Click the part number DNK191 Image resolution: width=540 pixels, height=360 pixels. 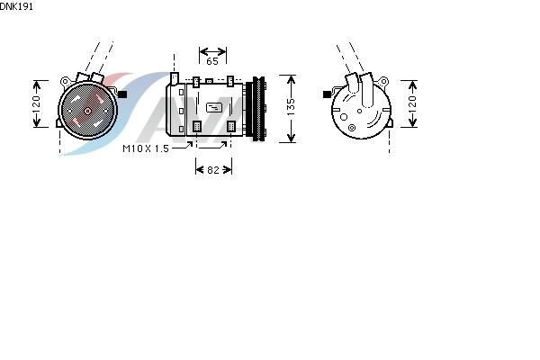tap(16, 6)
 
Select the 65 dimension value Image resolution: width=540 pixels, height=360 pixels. tap(212, 61)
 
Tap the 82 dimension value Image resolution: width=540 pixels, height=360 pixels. tap(213, 170)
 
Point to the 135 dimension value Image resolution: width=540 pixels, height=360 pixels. tap(291, 107)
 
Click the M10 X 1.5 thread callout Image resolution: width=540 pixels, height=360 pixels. tap(146, 148)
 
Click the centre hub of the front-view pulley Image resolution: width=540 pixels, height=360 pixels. tap(87, 111)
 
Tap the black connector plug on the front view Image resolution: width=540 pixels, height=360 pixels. tap(122, 94)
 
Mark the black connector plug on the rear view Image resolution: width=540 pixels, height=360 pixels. tap(328, 94)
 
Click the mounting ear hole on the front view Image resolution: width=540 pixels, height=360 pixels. tap(65, 82)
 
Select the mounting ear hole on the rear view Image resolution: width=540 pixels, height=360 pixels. tap(383, 82)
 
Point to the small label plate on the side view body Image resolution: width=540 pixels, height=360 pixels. tap(214, 107)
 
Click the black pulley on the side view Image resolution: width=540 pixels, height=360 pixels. tap(258, 109)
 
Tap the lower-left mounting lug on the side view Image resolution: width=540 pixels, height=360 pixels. tap(196, 126)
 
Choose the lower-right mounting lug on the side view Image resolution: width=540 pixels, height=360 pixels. tap(230, 126)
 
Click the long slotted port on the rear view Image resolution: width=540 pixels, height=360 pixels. tap(367, 90)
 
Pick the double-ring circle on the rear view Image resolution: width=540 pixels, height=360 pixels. tap(352, 128)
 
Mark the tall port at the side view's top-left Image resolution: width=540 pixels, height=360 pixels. tap(175, 78)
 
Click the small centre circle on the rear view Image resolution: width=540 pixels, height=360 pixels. tap(359, 111)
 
